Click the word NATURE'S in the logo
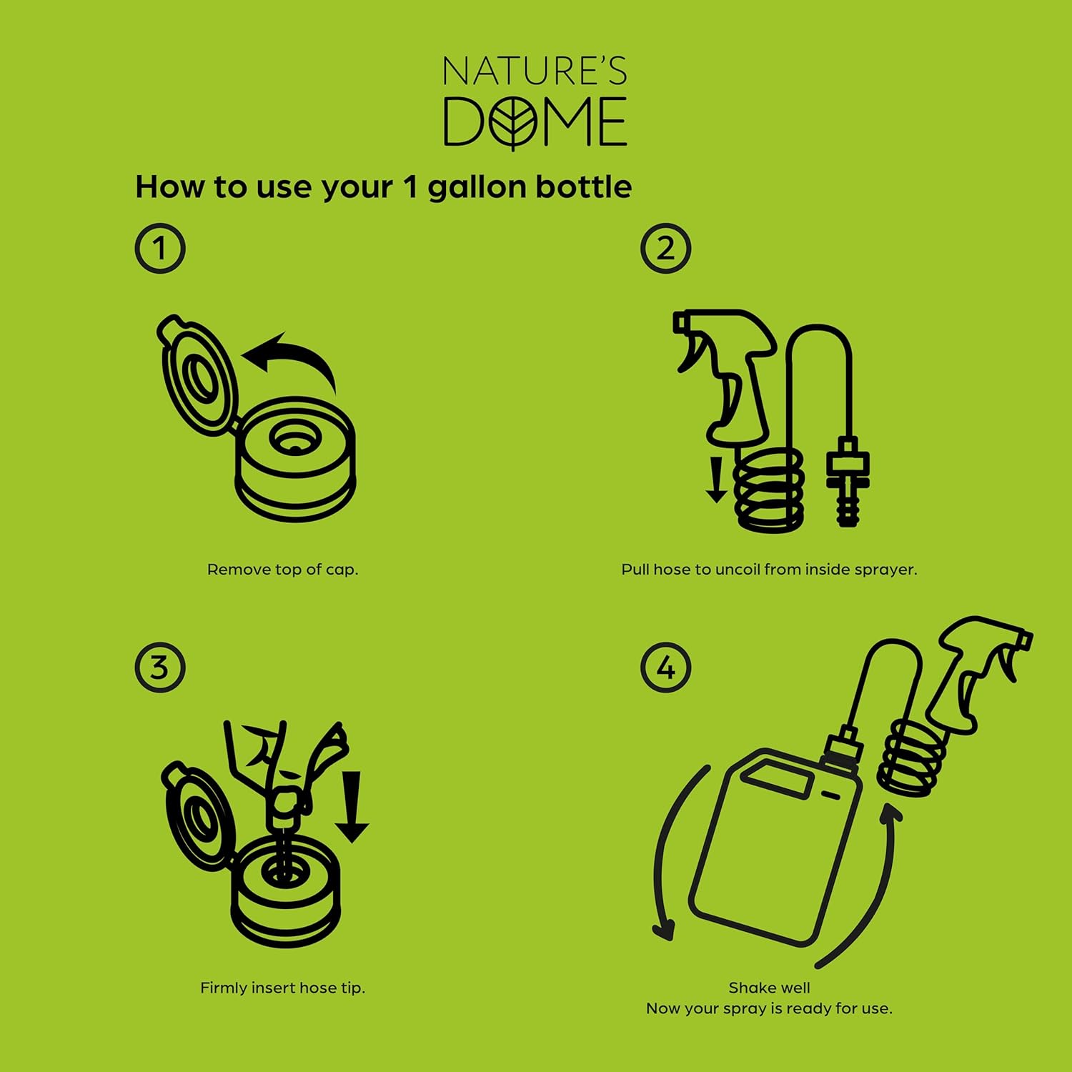(535, 71)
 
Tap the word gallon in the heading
(477, 188)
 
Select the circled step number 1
(160, 249)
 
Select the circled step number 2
(665, 249)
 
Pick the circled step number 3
(160, 667)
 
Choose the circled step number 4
(665, 667)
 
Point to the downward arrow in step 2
(716, 480)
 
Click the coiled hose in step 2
(770, 491)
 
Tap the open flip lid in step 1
(195, 375)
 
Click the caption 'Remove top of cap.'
(282, 570)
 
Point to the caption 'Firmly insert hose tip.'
(282, 988)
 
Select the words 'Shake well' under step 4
(769, 988)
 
